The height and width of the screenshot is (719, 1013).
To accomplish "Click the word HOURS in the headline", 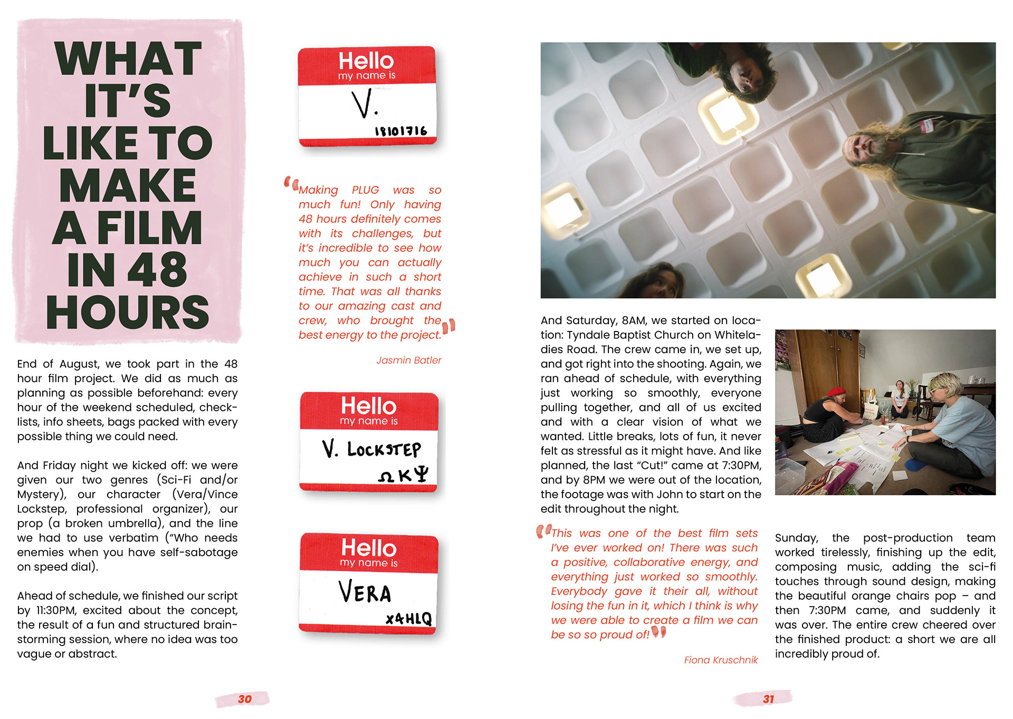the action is pyautogui.click(x=127, y=312).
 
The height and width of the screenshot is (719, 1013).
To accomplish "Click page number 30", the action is pyautogui.click(x=244, y=699).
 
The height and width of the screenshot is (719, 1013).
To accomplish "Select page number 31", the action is pyautogui.click(x=768, y=699).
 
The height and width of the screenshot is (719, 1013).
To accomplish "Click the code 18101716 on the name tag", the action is pyautogui.click(x=400, y=130).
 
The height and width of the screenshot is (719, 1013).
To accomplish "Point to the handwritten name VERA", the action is pyautogui.click(x=365, y=592).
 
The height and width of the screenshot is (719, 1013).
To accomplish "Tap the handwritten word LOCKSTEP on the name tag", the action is pyautogui.click(x=384, y=449).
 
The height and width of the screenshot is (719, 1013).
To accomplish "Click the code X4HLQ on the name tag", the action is pyautogui.click(x=408, y=619).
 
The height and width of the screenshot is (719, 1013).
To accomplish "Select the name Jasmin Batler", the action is pyautogui.click(x=409, y=360).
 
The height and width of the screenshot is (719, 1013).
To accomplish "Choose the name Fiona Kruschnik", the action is pyautogui.click(x=721, y=660).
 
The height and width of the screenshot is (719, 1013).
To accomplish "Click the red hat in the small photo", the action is pyautogui.click(x=836, y=392).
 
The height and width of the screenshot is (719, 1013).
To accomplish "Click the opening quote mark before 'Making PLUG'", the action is pyautogui.click(x=291, y=183).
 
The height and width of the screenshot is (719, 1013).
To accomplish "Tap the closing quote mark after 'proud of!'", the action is pyautogui.click(x=659, y=631).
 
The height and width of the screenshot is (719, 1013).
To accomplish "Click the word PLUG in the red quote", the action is pyautogui.click(x=365, y=190).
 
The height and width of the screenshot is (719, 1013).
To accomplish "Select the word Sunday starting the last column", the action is pyautogui.click(x=796, y=538).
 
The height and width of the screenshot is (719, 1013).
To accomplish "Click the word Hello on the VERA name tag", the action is pyautogui.click(x=368, y=547).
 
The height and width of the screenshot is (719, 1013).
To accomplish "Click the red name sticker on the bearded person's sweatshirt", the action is pyautogui.click(x=926, y=125).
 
